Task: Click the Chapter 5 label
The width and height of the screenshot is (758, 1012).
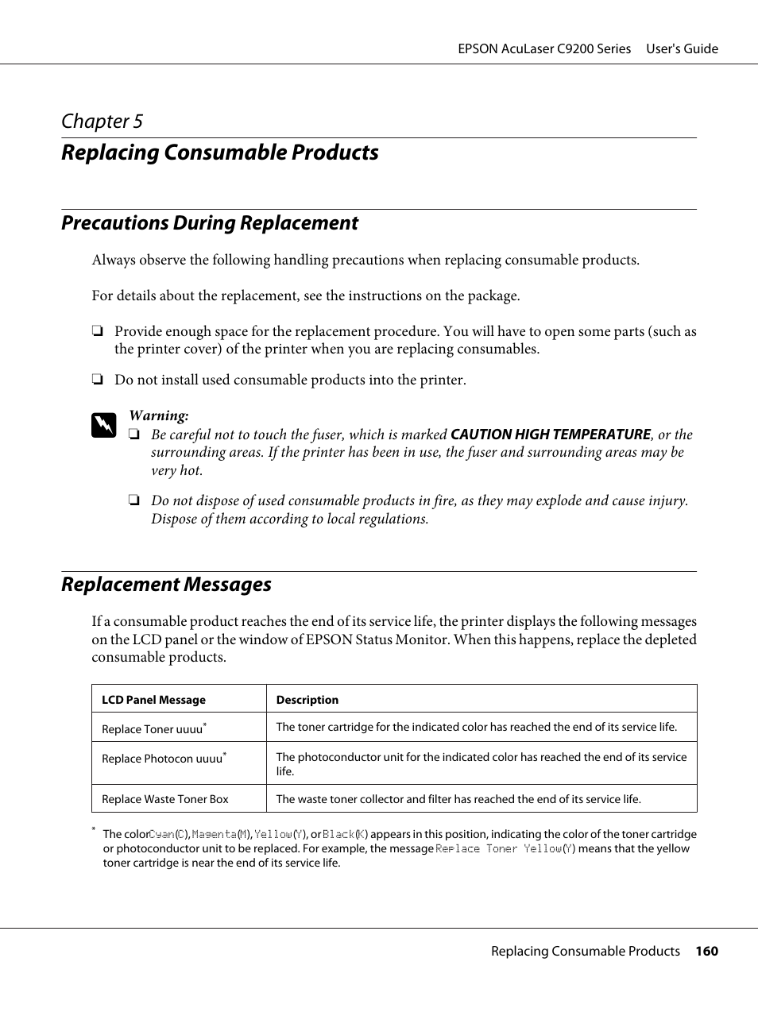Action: click(102, 122)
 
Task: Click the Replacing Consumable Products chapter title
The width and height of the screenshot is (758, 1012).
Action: click(220, 153)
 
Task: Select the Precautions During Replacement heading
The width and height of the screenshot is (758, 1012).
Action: click(210, 223)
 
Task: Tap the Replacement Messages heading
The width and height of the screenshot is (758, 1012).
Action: click(166, 585)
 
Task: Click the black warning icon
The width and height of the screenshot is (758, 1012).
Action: click(103, 426)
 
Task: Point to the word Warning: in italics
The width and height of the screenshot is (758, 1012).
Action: click(159, 415)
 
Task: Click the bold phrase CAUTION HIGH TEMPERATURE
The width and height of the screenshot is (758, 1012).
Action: click(550, 435)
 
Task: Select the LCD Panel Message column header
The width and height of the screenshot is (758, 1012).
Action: click(153, 700)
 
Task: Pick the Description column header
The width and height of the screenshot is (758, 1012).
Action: click(307, 700)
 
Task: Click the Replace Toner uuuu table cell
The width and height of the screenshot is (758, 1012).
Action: click(153, 728)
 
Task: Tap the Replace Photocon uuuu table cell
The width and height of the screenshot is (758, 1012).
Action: click(163, 759)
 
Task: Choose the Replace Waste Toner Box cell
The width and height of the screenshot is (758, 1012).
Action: click(164, 799)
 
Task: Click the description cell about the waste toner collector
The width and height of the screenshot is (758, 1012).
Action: click(458, 799)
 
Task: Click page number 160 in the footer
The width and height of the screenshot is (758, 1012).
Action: click(706, 952)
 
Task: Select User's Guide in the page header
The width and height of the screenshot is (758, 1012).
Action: click(682, 49)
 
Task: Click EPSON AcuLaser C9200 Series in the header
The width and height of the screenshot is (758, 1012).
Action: click(544, 49)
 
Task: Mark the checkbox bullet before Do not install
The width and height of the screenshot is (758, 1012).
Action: click(97, 380)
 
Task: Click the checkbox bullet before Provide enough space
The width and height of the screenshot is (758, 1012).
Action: click(97, 332)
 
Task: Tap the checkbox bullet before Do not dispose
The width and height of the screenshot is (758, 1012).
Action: click(134, 501)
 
